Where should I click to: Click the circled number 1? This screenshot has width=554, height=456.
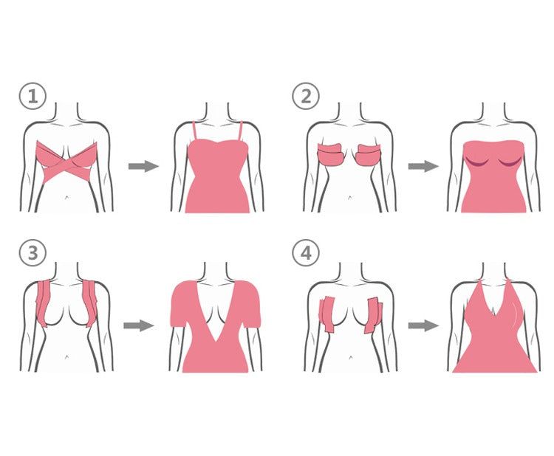click(x=33, y=96)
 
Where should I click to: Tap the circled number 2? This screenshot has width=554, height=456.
click(x=306, y=96)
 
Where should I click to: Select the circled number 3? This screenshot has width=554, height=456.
click(x=33, y=252)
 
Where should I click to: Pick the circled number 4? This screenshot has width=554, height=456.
click(x=306, y=252)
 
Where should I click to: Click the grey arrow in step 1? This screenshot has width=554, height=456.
click(x=143, y=166)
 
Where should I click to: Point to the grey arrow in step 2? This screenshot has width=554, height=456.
click(x=423, y=166)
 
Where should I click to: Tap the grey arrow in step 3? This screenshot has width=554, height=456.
click(x=139, y=325)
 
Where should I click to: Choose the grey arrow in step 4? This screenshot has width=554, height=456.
click(x=423, y=325)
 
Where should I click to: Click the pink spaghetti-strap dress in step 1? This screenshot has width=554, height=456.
click(x=217, y=176)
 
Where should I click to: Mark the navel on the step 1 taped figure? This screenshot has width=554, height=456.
click(x=66, y=197)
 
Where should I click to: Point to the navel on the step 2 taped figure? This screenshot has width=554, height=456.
click(x=350, y=197)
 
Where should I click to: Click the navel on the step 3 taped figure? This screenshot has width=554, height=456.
click(x=66, y=357)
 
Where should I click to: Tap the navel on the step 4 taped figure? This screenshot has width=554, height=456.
click(x=350, y=357)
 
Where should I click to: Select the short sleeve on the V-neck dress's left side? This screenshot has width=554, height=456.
click(x=181, y=305)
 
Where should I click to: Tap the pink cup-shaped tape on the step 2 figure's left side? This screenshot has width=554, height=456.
click(x=332, y=154)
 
